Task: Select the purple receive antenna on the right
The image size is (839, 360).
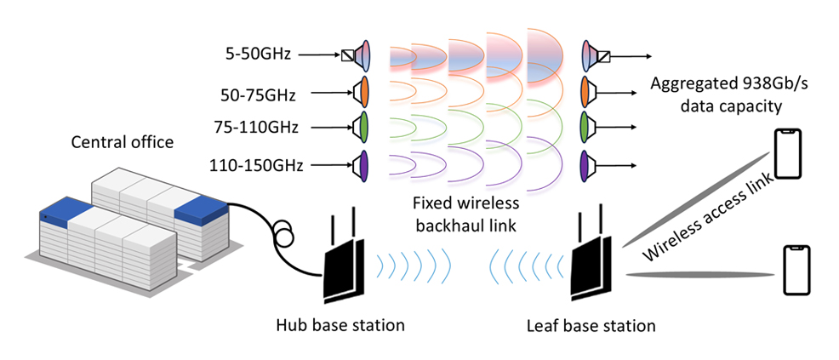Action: pos(585,163)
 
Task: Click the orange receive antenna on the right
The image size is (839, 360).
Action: pos(585,90)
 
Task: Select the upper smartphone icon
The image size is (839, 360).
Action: pos(788,154)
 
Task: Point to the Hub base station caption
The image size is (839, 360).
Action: pos(340,325)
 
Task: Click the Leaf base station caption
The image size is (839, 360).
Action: pos(591,325)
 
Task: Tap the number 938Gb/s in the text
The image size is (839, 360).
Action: pos(737,83)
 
